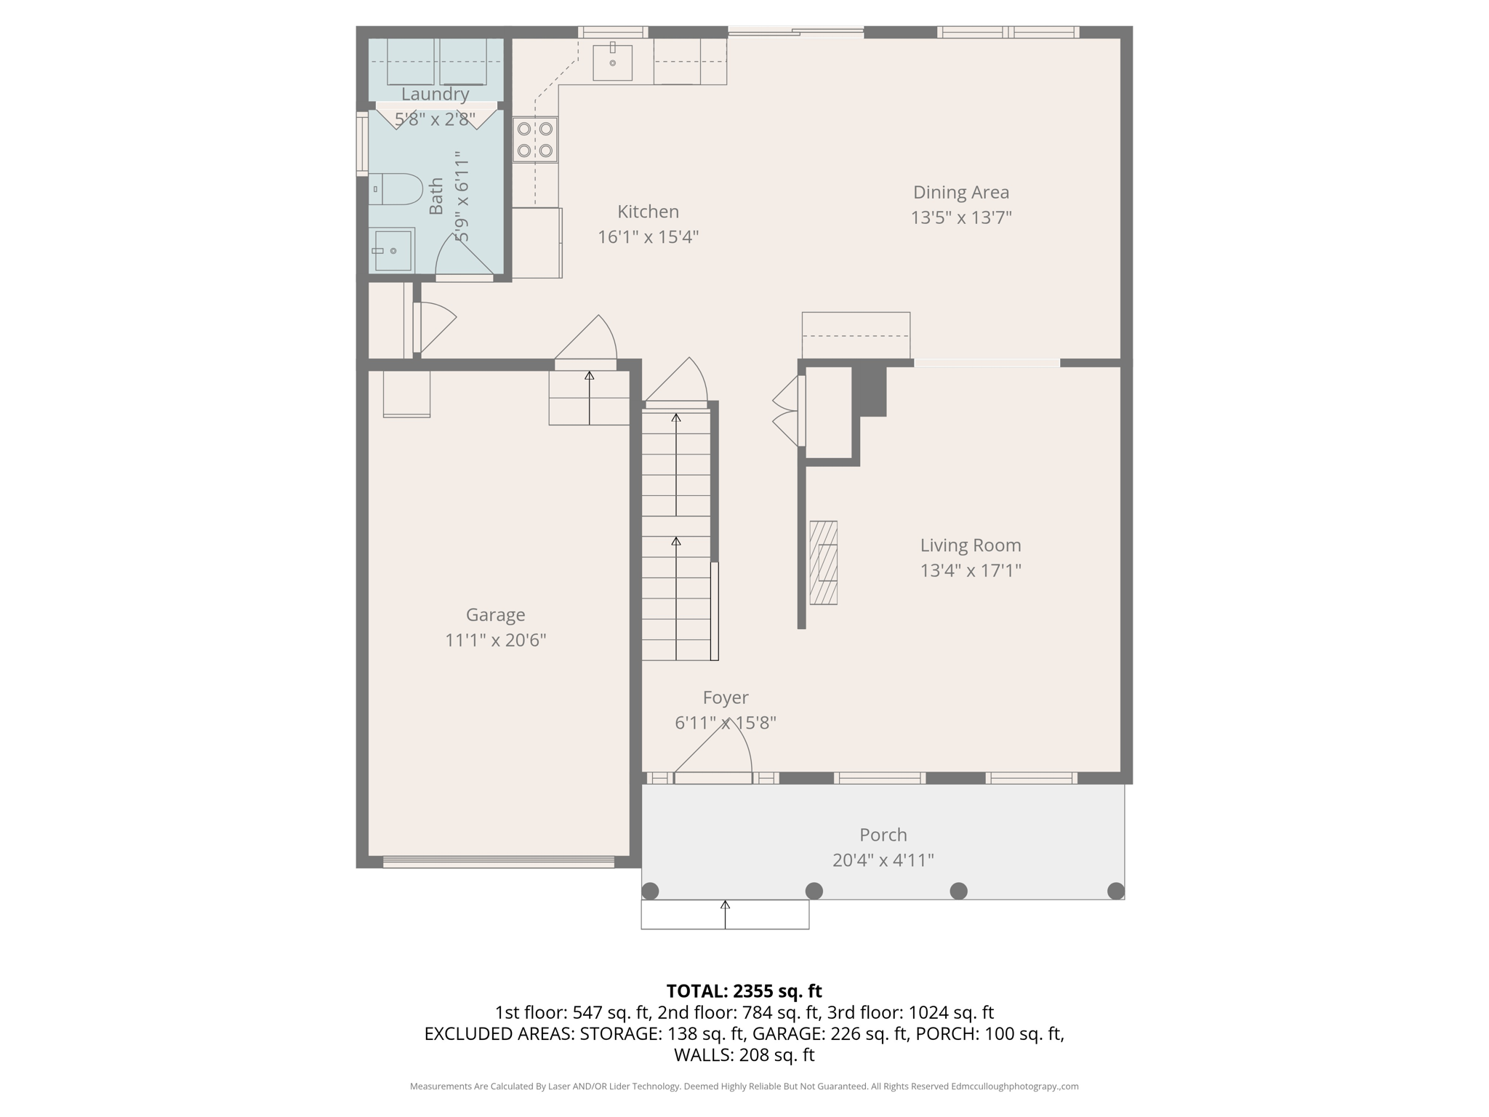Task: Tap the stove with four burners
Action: [x=535, y=140]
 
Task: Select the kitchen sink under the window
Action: [x=612, y=63]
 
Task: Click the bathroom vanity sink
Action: [x=392, y=250]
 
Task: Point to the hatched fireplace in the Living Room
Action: [x=823, y=562]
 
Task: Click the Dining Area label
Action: [x=960, y=192]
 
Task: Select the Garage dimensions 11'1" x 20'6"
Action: [x=495, y=640]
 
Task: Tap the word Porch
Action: [x=883, y=834]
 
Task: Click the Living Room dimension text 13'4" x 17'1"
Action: [x=970, y=570]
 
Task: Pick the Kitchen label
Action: [x=648, y=212]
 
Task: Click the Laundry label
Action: [x=435, y=94]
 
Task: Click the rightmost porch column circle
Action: [x=1115, y=891]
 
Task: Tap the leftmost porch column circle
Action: [x=650, y=891]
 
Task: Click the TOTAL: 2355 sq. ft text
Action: [x=744, y=990]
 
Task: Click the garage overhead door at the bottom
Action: [x=498, y=862]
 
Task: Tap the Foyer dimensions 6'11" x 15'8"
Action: [x=725, y=723]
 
